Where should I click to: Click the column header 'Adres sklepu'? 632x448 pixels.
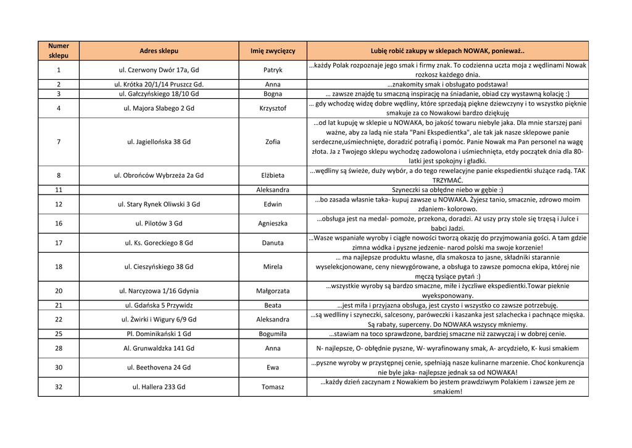point(159,51)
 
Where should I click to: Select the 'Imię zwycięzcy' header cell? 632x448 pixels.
point(273,51)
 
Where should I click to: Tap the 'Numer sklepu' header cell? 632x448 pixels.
point(59,51)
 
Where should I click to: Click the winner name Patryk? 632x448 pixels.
point(273,70)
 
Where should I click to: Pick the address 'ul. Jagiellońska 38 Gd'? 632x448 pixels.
point(159,142)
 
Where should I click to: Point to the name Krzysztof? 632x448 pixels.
point(273,108)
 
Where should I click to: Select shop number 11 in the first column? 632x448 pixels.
point(59,190)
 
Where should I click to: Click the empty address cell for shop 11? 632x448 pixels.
point(159,190)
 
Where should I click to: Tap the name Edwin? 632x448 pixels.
point(273,204)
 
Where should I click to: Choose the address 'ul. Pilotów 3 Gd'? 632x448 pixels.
point(159,223)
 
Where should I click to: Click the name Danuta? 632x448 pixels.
point(273,243)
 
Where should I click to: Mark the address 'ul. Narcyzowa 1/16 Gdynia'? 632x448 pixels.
point(159,290)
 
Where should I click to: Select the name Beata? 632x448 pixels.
point(273,305)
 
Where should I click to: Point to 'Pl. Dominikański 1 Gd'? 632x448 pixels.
point(159,334)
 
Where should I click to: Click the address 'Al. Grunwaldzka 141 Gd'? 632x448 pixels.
point(159,349)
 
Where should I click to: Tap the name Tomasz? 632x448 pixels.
point(273,387)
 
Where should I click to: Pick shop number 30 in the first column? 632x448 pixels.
point(59,368)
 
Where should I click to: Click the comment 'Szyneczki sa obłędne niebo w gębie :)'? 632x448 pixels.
point(447,190)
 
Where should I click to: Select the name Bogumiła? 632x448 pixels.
point(273,334)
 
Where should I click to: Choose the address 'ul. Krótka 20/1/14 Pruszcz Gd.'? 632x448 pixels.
point(159,84)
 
